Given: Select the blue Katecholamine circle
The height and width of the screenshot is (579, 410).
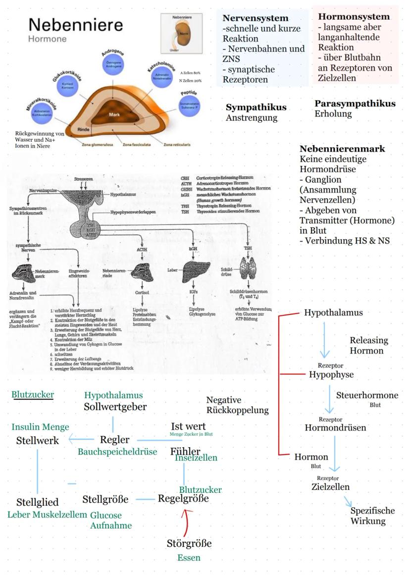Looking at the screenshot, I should point(164,78).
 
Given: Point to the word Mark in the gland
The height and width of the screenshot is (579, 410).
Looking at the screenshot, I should point(115,114).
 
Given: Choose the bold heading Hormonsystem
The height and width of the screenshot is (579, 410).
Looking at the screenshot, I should point(354,17).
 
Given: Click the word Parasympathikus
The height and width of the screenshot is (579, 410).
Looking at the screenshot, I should point(355,104).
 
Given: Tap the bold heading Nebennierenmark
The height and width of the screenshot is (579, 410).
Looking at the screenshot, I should point(343,149).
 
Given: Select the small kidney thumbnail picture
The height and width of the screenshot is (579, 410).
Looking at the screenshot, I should point(182,33).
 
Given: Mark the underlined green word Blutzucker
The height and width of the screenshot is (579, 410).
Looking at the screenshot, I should point(33,394).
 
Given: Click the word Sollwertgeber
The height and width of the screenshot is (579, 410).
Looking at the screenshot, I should point(115,407).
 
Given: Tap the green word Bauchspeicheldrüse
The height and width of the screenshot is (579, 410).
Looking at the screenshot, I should point(117,452).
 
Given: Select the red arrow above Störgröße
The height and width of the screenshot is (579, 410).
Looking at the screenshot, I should point(186,520).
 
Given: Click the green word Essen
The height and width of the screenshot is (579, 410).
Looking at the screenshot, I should point(189,558).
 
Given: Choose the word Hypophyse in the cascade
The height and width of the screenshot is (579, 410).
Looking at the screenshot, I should point(331,374).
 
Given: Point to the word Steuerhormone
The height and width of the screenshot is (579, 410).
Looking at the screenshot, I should point(367,396).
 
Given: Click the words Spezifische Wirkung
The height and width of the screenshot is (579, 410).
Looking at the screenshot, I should point(372,516).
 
